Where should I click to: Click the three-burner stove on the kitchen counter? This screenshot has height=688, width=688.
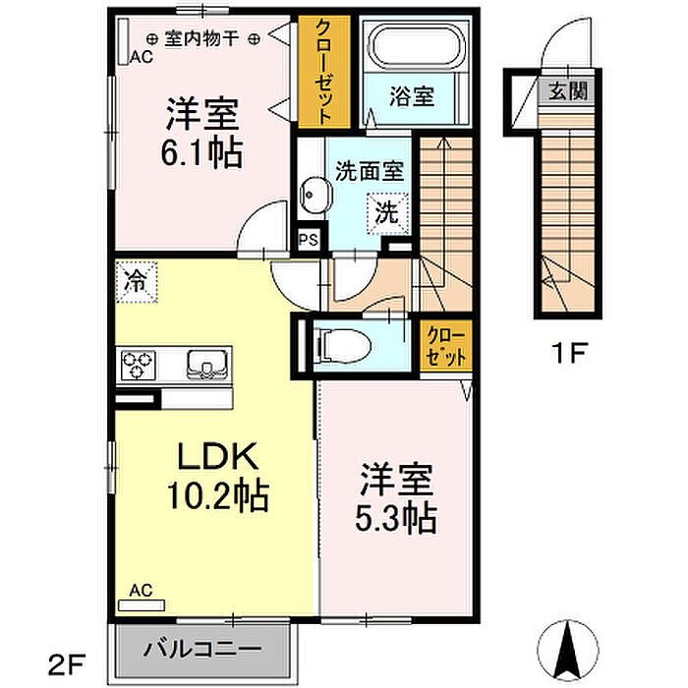(139, 365)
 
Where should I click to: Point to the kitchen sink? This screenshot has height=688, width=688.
(207, 365)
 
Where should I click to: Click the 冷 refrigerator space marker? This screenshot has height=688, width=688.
(137, 282)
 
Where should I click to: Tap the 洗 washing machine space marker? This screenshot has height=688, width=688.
(387, 213)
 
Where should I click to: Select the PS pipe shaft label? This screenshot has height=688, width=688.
(309, 240)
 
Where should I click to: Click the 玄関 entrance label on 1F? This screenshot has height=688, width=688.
(568, 91)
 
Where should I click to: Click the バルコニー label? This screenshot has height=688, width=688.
(202, 649)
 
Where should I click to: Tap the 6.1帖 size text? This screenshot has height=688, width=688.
(201, 152)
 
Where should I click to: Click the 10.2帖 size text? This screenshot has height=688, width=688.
(218, 496)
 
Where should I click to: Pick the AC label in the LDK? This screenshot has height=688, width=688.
(141, 591)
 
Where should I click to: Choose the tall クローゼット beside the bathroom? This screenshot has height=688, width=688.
(324, 72)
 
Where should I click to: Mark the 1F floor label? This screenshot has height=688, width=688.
(569, 352)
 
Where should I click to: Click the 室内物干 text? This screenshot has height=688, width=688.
(201, 39)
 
